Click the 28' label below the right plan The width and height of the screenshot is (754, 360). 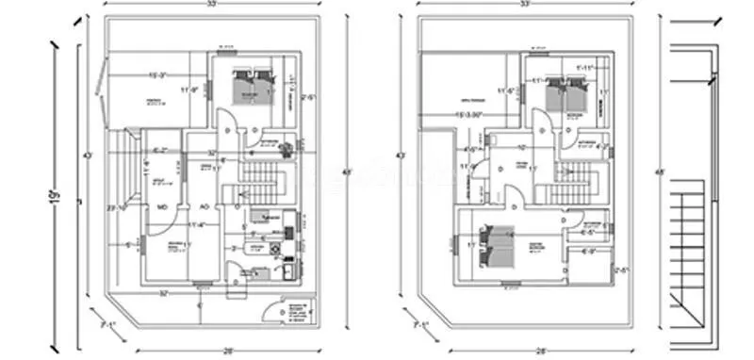(x=541, y=349)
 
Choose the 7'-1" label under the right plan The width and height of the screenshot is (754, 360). (x=418, y=324)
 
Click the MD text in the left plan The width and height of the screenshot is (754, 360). (x=161, y=206)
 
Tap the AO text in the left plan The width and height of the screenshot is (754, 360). (x=204, y=206)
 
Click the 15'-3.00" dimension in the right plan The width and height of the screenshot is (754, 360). (x=470, y=115)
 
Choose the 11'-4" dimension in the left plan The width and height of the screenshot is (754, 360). (x=196, y=224)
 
